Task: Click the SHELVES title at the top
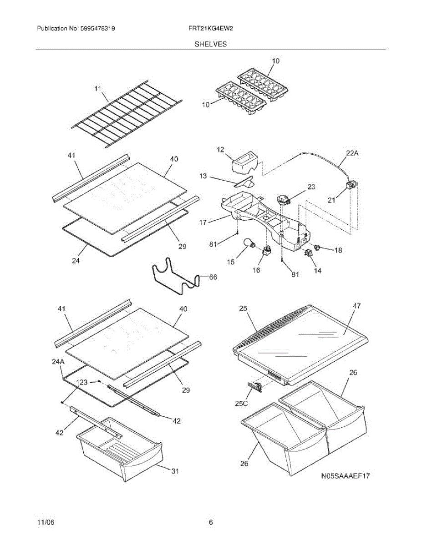coord(211,44)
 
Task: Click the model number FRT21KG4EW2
coord(211,29)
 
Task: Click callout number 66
coord(213,277)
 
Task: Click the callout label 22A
coord(352,154)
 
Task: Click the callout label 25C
coord(241,403)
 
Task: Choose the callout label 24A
coord(57,362)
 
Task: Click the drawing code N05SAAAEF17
coord(345,476)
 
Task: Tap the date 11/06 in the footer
coord(46,522)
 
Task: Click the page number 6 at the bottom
coord(211,522)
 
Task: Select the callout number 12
coord(220,149)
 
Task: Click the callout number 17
coord(203,222)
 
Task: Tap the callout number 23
coord(311,186)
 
